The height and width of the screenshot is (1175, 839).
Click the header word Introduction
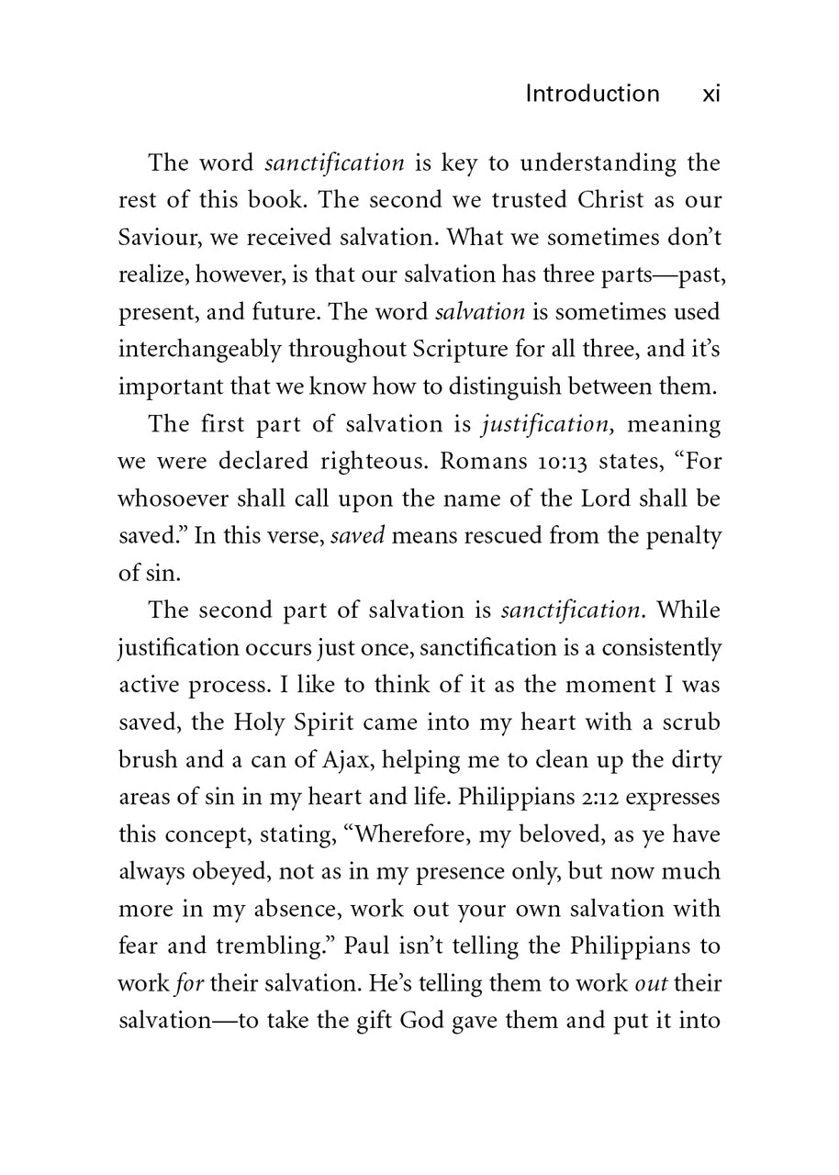pos(591,94)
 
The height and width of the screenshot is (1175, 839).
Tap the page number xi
pos(710,94)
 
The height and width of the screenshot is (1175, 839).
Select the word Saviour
pos(155,238)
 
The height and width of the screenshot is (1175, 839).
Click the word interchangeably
pos(200,350)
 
